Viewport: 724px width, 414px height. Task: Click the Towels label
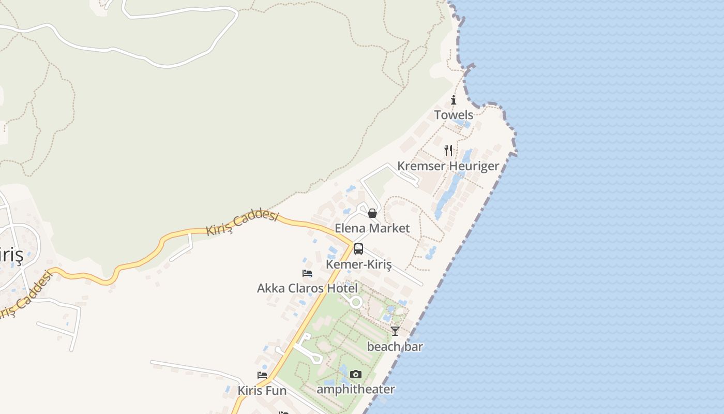[x=454, y=115]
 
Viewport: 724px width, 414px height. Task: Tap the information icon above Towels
[x=454, y=100]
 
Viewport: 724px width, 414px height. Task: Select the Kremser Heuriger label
[x=448, y=166]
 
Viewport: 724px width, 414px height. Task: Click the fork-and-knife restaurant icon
[x=448, y=151]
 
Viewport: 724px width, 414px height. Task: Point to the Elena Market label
[x=372, y=228]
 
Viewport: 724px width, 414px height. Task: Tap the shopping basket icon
[x=372, y=213]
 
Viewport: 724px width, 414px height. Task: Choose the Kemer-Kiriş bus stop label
[x=358, y=264]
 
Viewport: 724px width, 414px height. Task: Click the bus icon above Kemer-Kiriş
[x=358, y=249]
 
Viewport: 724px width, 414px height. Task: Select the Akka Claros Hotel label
[x=307, y=288]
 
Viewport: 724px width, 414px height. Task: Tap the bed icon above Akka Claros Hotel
[x=307, y=273]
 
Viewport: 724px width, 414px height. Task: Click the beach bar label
[x=395, y=347]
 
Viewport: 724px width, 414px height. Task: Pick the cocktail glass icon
[x=395, y=331]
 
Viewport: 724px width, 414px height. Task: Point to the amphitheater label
[x=355, y=389]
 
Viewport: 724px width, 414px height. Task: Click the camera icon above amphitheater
[x=356, y=374]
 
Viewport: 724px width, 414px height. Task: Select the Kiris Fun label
[x=262, y=391]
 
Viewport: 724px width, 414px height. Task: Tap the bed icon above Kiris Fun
[x=262, y=375]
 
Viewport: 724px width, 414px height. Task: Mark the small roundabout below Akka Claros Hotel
[x=356, y=302]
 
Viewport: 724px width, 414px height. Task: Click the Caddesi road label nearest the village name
[x=26, y=295]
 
